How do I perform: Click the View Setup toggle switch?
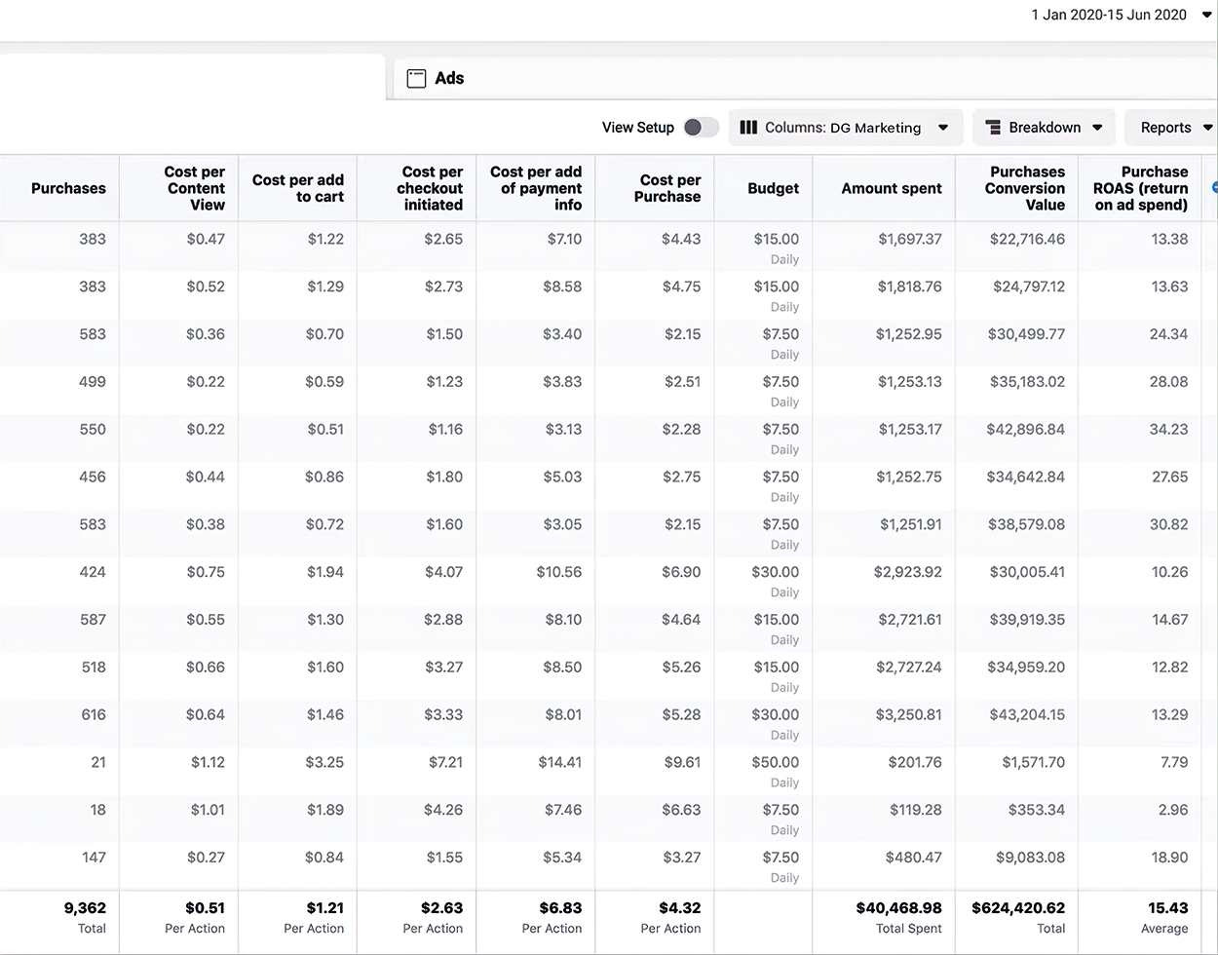pyautogui.click(x=701, y=128)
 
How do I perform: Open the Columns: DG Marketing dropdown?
pyautogui.click(x=844, y=128)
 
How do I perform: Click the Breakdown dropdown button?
pyautogui.click(x=1044, y=128)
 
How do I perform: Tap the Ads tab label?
pyautogui.click(x=448, y=79)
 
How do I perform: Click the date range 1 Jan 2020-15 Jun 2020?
pyautogui.click(x=1109, y=15)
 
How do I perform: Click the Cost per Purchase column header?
pyautogui.click(x=669, y=188)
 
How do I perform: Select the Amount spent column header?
pyautogui.click(x=892, y=188)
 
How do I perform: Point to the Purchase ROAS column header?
pyautogui.click(x=1141, y=188)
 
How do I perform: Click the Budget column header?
pyautogui.click(x=773, y=188)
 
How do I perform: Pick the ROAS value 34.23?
pyautogui.click(x=1168, y=429)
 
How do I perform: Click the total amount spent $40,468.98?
pyautogui.click(x=898, y=907)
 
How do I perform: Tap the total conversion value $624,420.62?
pyautogui.click(x=1018, y=907)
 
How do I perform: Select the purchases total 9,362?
pyautogui.click(x=85, y=907)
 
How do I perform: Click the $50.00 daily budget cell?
pyautogui.click(x=775, y=762)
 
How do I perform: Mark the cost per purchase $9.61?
pyautogui.click(x=681, y=762)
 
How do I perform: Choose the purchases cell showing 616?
pyautogui.click(x=93, y=714)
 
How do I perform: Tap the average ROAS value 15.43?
pyautogui.click(x=1168, y=907)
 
